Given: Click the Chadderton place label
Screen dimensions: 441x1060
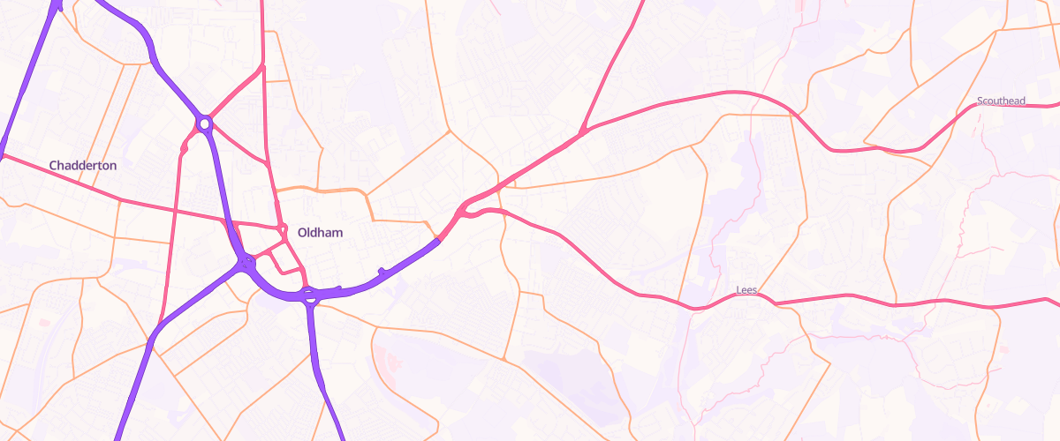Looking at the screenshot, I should pyautogui.click(x=83, y=165).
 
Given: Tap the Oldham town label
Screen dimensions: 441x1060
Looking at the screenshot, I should pyautogui.click(x=320, y=233).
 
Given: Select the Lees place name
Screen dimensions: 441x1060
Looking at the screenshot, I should pyautogui.click(x=747, y=289).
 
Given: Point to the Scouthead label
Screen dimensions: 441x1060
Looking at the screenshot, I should pyautogui.click(x=1001, y=101).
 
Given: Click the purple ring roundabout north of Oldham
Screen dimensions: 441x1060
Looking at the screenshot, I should pyautogui.click(x=205, y=124).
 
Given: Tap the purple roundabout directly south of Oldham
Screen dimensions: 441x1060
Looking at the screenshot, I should pyautogui.click(x=308, y=294).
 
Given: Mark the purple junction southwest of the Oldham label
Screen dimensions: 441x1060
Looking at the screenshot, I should pyautogui.click(x=246, y=261).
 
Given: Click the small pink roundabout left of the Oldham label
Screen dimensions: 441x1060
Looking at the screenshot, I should pyautogui.click(x=283, y=230).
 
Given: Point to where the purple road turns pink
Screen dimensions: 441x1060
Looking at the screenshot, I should pyautogui.click(x=438, y=238).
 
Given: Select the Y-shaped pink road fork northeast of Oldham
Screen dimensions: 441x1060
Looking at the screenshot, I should pyautogui.click(x=582, y=133).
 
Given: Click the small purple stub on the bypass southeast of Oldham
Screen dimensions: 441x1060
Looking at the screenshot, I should pyautogui.click(x=381, y=271).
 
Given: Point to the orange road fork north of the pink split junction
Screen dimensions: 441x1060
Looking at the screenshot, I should pyautogui.click(x=450, y=131).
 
